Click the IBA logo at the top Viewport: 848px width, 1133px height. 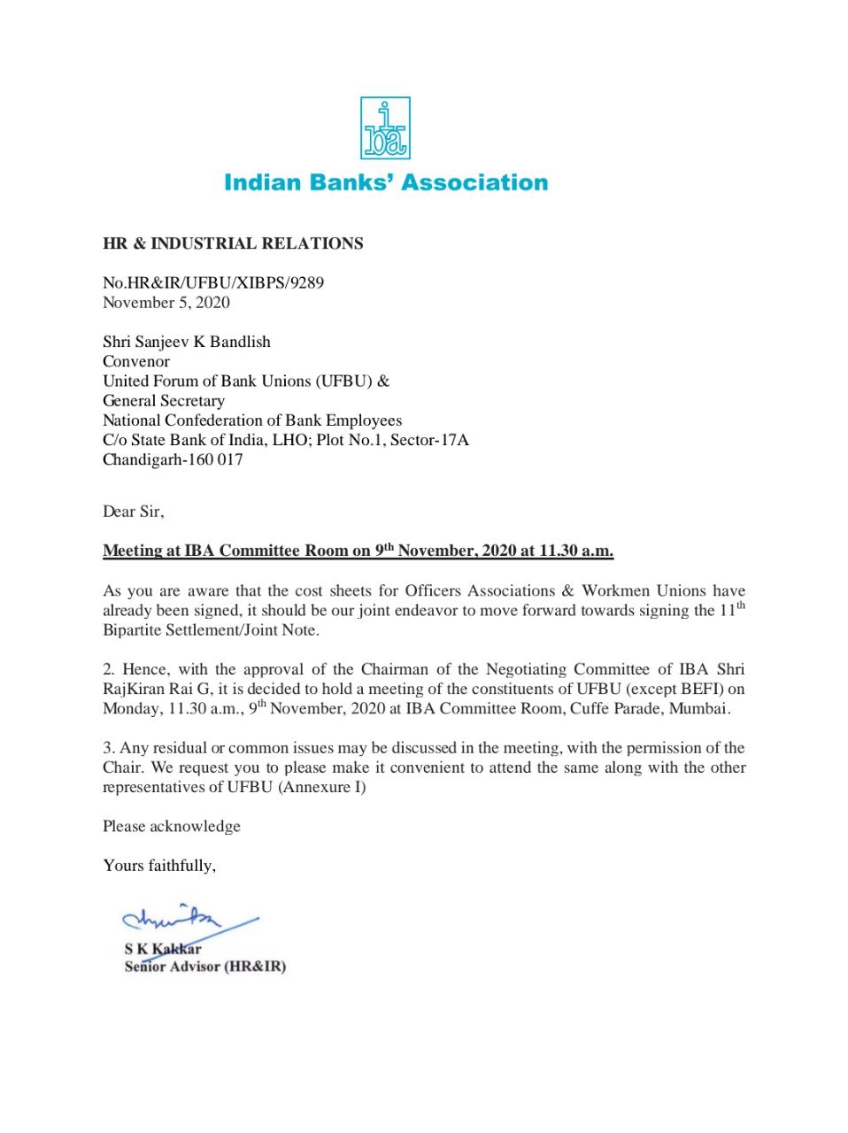click(x=385, y=129)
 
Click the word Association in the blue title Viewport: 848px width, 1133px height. click(x=474, y=183)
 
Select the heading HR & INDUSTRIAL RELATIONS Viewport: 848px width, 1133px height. click(x=233, y=243)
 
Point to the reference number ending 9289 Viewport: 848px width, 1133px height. click(x=213, y=283)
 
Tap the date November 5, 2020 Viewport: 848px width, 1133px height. click(x=166, y=303)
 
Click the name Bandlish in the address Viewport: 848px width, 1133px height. click(x=240, y=342)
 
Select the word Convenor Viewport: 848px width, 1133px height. click(x=136, y=361)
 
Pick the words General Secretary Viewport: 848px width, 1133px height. click(x=164, y=401)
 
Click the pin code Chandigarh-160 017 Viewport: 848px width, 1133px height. click(x=173, y=459)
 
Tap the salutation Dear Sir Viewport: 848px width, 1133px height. click(x=133, y=512)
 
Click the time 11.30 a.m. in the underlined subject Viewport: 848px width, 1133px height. click(x=576, y=551)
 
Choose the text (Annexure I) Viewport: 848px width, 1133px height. click(x=322, y=787)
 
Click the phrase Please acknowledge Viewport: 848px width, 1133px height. click(x=172, y=826)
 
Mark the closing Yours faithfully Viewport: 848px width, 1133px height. click(x=159, y=866)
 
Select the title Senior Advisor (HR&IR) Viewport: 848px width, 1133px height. click(x=205, y=967)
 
